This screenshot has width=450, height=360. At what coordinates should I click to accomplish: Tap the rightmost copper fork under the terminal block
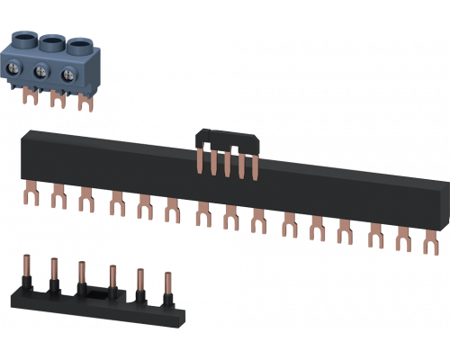pyautogui.click(x=86, y=104)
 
